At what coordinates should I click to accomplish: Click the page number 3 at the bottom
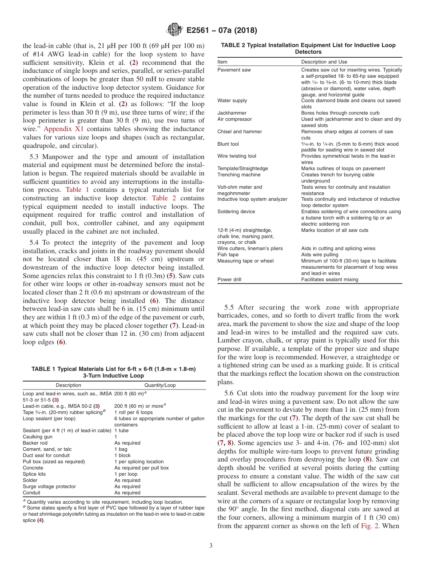click(x=211, y=545)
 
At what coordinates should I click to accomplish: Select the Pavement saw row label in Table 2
click(x=234, y=70)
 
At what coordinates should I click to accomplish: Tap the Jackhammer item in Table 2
click(x=232, y=113)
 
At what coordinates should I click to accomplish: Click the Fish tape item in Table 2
click(x=228, y=255)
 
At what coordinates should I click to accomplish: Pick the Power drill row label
click(x=230, y=279)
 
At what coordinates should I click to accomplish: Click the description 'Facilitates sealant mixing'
click(x=330, y=279)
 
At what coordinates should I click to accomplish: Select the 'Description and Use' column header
click(x=324, y=62)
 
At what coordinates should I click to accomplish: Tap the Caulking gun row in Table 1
click(x=37, y=437)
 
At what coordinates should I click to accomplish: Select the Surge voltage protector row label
click(x=49, y=486)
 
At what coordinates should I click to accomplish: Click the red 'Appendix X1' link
click(x=64, y=129)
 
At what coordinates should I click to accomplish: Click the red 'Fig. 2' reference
click(x=370, y=526)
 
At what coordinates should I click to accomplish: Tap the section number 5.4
click(x=35, y=243)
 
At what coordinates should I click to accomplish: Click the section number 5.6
click(x=229, y=393)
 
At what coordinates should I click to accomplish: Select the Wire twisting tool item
click(x=237, y=156)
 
